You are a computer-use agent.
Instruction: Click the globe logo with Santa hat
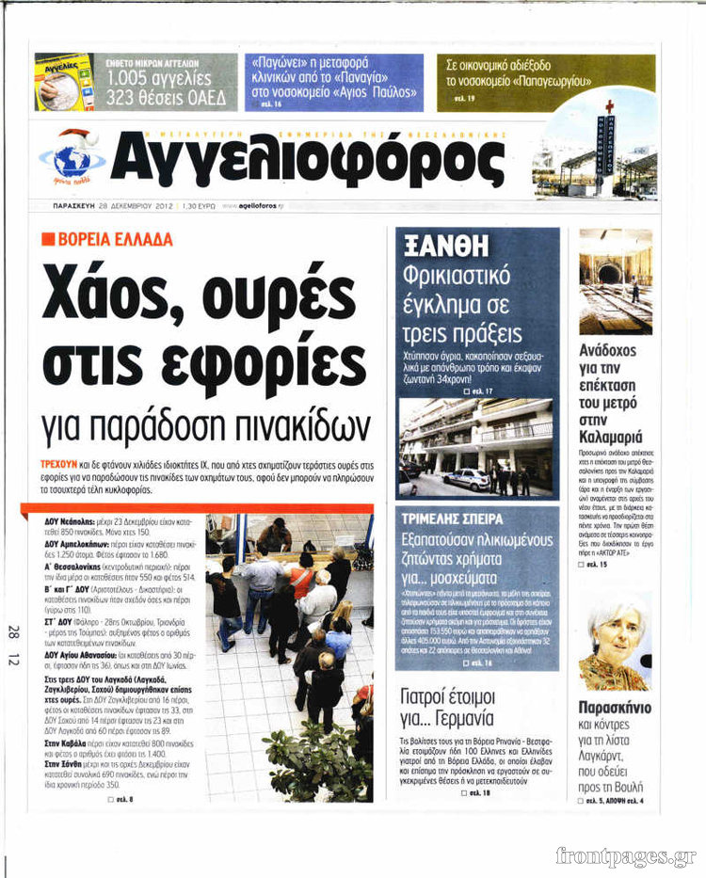tap(71, 157)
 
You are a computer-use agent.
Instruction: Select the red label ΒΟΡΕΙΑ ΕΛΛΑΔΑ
tap(107, 239)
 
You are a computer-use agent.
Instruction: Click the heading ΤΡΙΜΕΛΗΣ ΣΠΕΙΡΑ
tap(453, 519)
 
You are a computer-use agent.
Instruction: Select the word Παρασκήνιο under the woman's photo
tap(615, 708)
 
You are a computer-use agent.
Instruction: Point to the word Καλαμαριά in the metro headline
tap(615, 437)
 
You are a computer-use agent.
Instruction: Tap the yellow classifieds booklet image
tap(64, 82)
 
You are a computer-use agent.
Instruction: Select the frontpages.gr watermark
tap(625, 855)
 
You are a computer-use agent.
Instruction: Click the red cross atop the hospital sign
tap(609, 107)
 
